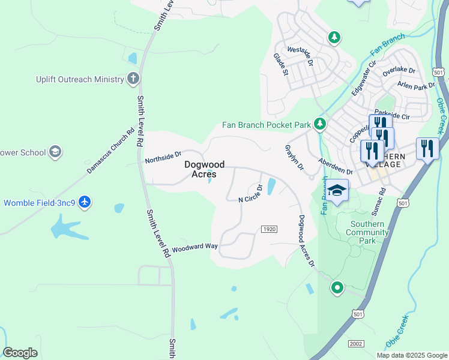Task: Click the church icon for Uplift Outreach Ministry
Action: [133, 79]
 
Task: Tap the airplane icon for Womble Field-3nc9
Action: [85, 202]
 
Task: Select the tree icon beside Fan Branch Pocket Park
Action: [320, 124]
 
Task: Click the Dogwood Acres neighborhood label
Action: [204, 169]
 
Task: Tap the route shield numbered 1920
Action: [269, 229]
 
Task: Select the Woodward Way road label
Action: [194, 247]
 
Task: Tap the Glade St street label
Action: [279, 64]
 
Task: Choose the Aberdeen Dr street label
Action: [336, 167]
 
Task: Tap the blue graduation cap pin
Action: [337, 191]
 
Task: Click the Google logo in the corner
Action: [20, 352]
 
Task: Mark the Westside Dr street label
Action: [301, 55]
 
